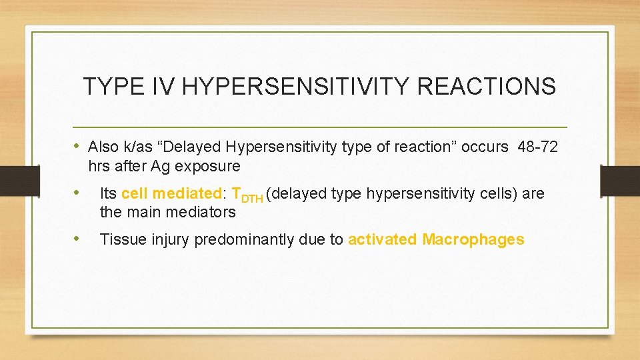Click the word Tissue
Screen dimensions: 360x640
118,239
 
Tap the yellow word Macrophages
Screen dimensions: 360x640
473,239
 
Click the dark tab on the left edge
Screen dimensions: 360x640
10,181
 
